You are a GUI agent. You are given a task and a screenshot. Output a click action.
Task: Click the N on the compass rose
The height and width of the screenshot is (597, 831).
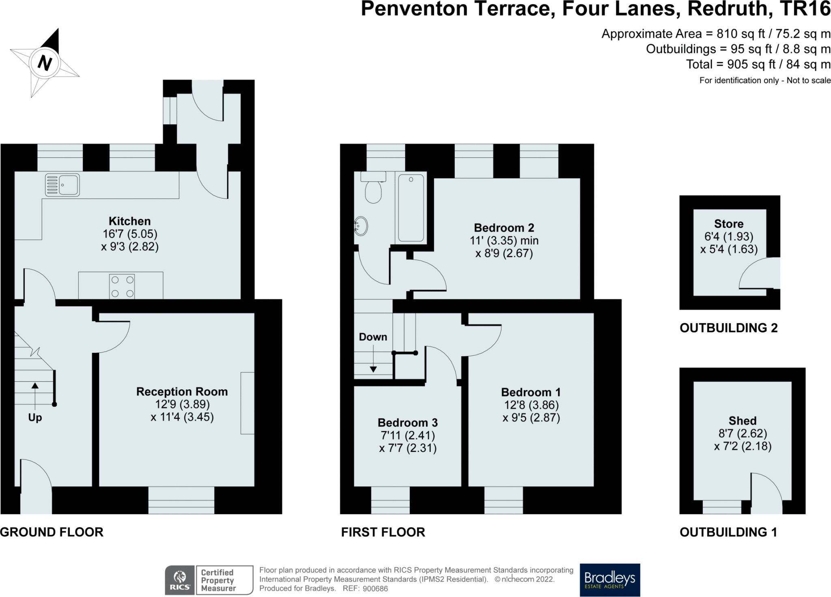45,63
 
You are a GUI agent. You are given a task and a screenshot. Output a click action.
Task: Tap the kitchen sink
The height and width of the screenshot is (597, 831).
62,185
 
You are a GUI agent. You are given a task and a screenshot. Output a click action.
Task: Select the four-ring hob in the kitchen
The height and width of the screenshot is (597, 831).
123,286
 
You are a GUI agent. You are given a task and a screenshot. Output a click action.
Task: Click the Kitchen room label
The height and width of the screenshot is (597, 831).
129,221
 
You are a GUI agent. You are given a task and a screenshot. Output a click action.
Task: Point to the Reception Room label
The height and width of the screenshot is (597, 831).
182,391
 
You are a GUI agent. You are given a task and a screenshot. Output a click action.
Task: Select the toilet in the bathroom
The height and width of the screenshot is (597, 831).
373,187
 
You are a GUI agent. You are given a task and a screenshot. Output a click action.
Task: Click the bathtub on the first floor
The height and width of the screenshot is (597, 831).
411,208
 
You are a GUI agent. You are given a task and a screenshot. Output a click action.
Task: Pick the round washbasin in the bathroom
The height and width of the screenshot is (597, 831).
361,226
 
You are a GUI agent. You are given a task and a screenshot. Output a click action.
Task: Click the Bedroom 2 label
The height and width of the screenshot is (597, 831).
504,228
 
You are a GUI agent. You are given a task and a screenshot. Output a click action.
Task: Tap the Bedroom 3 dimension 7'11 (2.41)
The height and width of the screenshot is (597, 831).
407,436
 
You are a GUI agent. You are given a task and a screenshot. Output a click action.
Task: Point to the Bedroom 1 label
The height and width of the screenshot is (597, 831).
531,392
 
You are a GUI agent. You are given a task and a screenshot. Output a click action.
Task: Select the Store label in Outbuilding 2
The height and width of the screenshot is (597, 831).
729,223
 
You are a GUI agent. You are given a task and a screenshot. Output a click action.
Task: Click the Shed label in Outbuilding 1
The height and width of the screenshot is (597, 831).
743,421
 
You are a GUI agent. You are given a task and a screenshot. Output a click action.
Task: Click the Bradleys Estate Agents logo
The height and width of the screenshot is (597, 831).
610,580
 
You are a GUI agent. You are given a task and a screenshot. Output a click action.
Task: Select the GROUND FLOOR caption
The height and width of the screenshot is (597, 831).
52,532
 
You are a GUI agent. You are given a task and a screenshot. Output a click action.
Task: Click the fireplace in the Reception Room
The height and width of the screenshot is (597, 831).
248,403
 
